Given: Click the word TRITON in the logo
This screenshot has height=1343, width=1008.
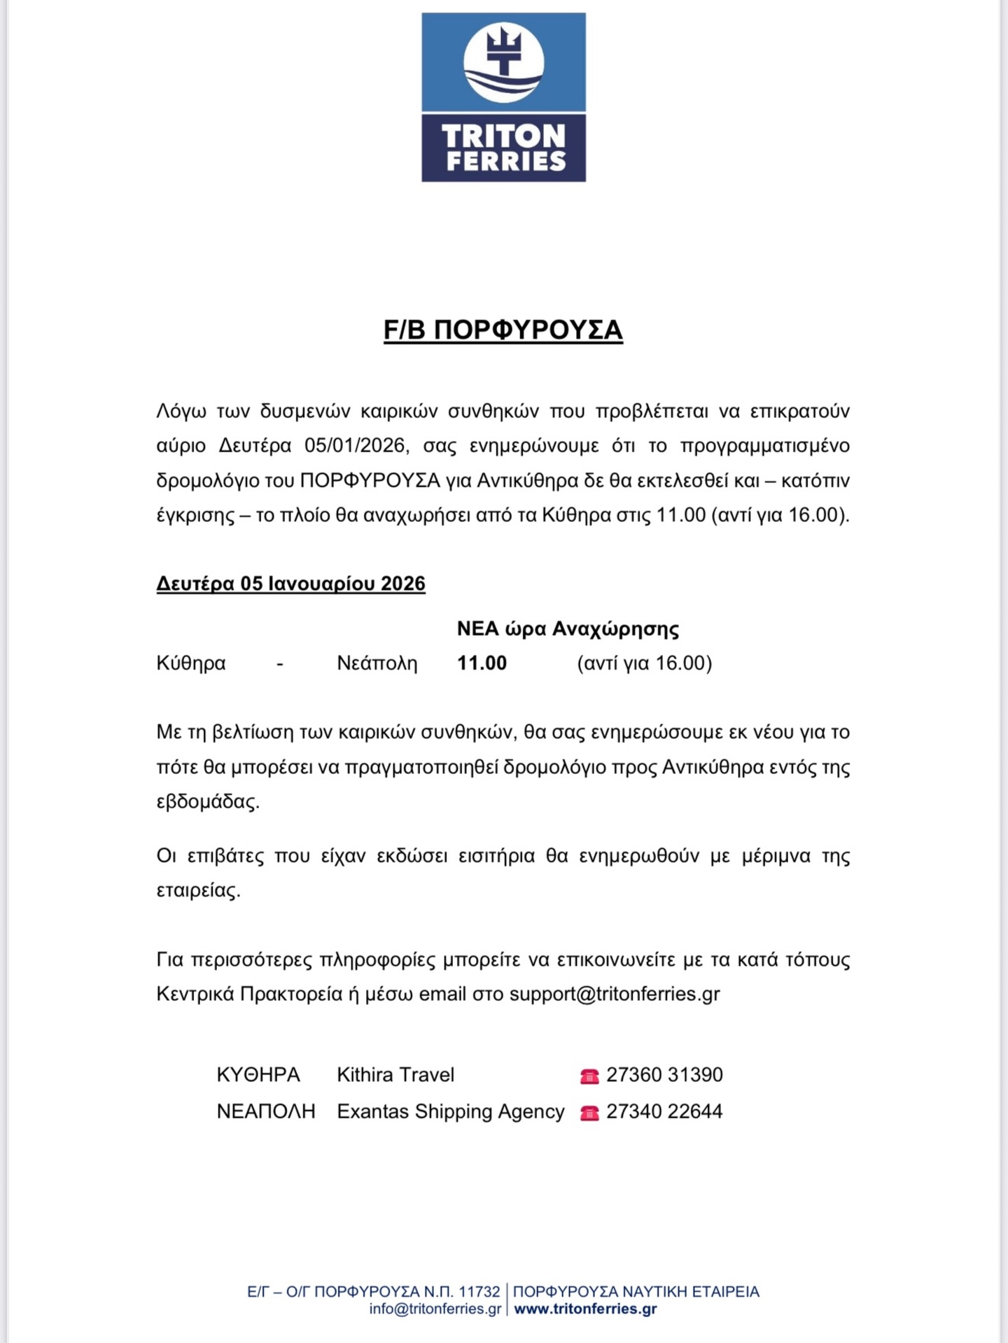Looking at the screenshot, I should point(503,136).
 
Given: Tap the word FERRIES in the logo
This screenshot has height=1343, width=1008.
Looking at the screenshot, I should point(505,162).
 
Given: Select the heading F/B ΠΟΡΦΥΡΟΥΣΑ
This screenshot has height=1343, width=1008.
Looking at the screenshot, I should point(503,330).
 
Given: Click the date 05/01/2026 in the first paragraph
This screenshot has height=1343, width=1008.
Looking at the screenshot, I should point(355,446).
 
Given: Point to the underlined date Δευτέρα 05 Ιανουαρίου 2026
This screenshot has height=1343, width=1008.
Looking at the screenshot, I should point(290,584).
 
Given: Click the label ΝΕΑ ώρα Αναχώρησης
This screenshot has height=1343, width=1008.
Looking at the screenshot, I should point(568,628).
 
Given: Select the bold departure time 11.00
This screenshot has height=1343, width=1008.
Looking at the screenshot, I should point(482,663).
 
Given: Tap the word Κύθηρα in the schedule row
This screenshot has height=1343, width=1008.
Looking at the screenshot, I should point(191,663).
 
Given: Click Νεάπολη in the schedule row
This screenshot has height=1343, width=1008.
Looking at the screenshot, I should point(377,663).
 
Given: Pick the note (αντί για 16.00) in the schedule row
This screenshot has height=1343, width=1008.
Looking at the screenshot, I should point(644,663).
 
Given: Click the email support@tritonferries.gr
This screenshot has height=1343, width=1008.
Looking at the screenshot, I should point(615,994).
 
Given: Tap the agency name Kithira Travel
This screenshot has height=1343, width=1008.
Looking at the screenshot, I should point(395,1074).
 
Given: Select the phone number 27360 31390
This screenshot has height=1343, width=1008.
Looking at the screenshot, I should point(664,1074).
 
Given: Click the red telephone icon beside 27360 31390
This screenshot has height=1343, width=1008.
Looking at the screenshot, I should point(589,1076).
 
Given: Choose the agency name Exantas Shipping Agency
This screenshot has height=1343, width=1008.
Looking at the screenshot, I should point(450,1111).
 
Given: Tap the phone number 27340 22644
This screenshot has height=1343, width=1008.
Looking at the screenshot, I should point(664,1111).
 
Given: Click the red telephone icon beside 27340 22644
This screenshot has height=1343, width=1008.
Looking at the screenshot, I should point(589,1113).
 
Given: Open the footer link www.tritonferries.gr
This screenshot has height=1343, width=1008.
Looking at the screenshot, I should point(585,1309).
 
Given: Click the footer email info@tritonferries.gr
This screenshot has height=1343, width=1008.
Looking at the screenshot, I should point(435,1309).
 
